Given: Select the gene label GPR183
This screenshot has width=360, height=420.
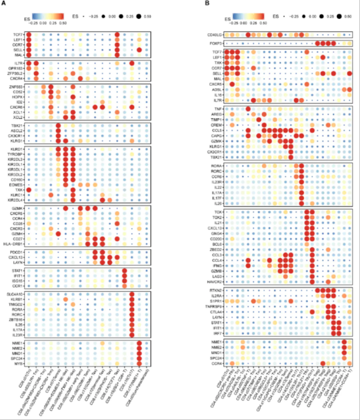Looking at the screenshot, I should (17, 67).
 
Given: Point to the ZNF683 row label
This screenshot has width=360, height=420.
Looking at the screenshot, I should (17, 87).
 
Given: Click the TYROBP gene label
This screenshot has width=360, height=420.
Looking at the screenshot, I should (17, 155).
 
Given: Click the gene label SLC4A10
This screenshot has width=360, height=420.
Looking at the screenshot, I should (15, 294).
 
